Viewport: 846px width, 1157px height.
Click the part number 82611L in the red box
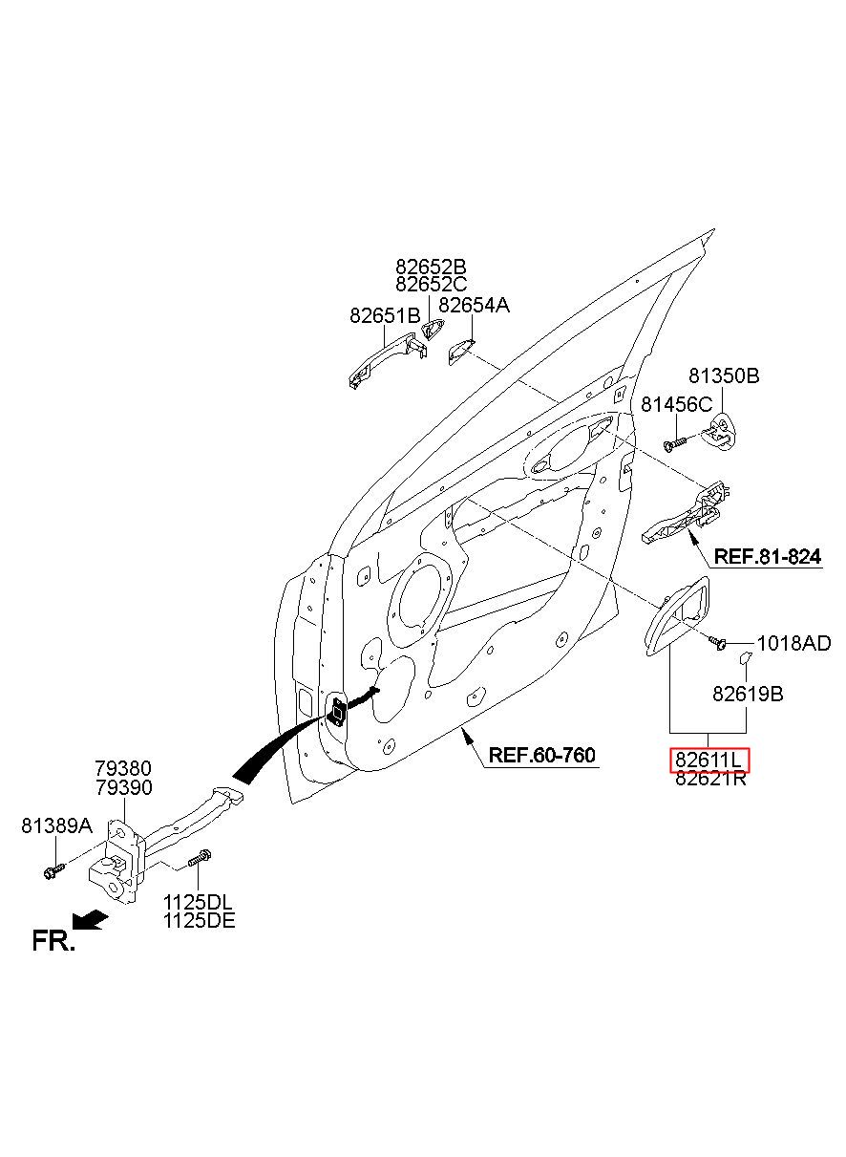click(709, 760)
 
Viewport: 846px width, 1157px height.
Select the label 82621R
click(710, 778)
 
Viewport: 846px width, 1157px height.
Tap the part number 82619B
click(748, 695)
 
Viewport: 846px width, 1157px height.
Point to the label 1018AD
click(793, 644)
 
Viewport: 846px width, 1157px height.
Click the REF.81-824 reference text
click(768, 556)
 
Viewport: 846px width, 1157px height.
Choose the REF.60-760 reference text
click(542, 755)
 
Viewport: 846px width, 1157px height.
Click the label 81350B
click(724, 376)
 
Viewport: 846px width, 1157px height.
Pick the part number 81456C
click(676, 404)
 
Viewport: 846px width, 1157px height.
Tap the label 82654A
click(474, 306)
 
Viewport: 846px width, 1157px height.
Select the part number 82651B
click(385, 315)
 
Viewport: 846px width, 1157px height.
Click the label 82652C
click(432, 284)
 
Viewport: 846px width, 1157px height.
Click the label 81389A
click(56, 825)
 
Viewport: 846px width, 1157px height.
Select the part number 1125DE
click(200, 920)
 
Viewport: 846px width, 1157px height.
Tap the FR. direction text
click(53, 941)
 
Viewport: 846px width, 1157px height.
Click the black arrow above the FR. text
click(91, 920)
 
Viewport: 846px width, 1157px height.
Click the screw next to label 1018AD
click(718, 642)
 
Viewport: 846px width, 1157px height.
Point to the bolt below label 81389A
click(53, 869)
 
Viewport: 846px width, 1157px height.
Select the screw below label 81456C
click(675, 443)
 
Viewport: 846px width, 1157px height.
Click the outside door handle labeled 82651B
click(388, 358)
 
